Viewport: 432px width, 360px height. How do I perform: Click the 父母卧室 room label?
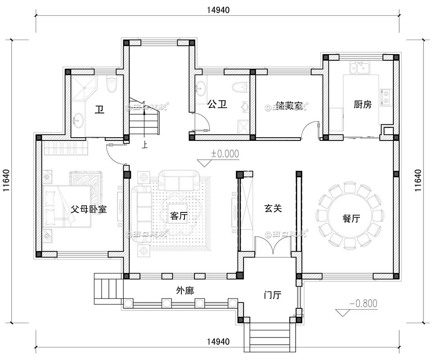[x=89, y=209]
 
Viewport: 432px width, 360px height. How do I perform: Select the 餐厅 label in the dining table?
[x=351, y=219]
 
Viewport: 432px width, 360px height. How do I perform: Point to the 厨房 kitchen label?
[x=363, y=105]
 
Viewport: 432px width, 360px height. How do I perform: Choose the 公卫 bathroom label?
[x=217, y=105]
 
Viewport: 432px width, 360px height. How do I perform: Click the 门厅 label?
[x=272, y=296]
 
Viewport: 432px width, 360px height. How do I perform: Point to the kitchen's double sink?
[x=360, y=68]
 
